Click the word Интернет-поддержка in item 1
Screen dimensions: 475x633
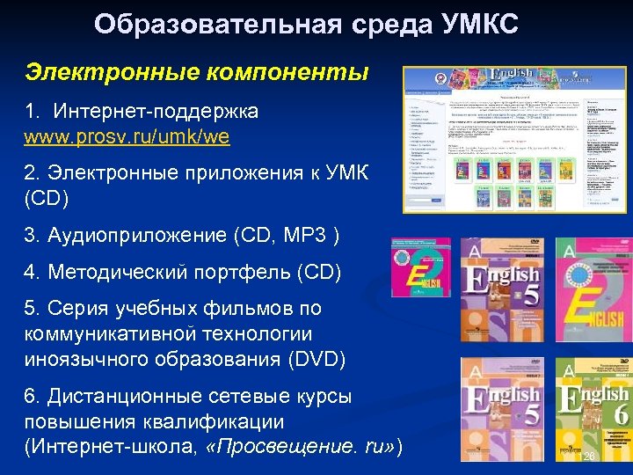click(156, 112)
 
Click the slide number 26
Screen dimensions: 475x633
click(590, 457)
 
